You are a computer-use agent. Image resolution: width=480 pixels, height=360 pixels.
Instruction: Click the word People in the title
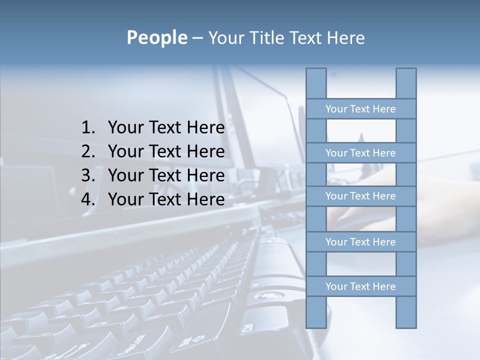click(156, 37)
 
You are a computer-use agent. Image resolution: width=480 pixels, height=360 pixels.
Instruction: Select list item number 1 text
click(166, 128)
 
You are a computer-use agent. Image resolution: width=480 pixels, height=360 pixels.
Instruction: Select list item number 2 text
click(166, 151)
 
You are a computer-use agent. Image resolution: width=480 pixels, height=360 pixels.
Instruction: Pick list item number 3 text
click(166, 175)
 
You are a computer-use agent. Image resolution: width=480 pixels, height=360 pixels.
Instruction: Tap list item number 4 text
click(166, 199)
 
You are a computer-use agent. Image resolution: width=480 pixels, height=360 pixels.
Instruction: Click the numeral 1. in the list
click(88, 128)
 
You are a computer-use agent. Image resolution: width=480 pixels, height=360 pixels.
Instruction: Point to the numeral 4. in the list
click(88, 199)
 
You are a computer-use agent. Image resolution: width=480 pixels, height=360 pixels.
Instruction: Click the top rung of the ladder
click(360, 109)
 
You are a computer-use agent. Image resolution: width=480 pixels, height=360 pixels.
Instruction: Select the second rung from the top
click(360, 153)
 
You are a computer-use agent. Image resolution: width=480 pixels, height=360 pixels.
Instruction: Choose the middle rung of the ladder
click(360, 196)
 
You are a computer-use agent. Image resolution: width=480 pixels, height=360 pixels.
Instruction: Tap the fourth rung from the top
click(360, 242)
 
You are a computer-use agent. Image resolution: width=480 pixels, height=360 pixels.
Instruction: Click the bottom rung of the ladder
click(360, 286)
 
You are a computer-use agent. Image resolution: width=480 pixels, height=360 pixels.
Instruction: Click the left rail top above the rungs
click(316, 83)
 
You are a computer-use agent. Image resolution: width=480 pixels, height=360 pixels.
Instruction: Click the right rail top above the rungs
click(406, 83)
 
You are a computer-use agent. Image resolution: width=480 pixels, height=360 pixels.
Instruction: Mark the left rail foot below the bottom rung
click(316, 312)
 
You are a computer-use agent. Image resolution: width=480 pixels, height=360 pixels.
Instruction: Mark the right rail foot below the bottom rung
click(406, 312)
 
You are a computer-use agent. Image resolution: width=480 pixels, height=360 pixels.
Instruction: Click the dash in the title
click(197, 38)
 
